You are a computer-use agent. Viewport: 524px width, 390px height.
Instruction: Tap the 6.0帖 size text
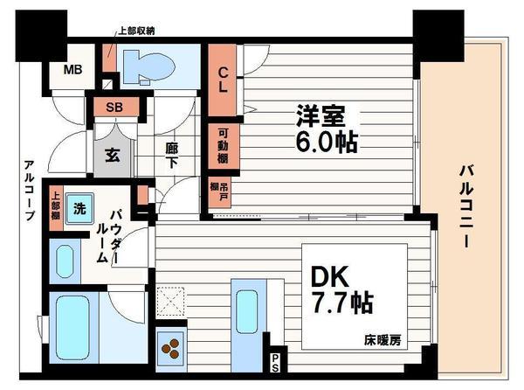327,141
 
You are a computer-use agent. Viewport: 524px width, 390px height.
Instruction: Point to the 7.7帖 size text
342,303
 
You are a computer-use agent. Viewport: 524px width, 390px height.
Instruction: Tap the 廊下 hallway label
172,155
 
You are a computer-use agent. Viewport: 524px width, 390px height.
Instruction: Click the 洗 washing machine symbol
79,209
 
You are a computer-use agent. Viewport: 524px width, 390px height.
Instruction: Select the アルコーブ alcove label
29,190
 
